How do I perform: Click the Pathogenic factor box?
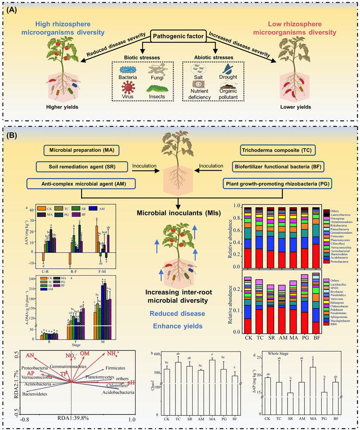(179, 37)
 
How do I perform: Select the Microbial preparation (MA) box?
(81, 151)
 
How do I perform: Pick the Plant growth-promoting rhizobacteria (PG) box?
(278, 183)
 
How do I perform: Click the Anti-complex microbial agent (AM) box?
(81, 183)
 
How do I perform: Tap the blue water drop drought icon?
(225, 69)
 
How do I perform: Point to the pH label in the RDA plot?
(131, 382)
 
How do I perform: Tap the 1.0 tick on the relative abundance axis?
(235, 206)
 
